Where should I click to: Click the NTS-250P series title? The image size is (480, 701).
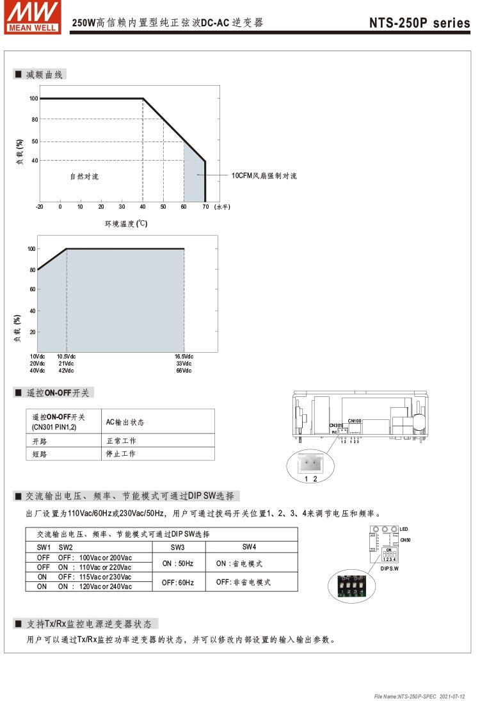pos(419,23)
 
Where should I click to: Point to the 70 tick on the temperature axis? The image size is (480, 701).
pos(205,207)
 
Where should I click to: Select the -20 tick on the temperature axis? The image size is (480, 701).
pos(40,207)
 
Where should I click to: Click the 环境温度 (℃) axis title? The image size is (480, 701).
pos(126,223)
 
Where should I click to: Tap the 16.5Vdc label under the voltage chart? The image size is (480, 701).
pos(184,357)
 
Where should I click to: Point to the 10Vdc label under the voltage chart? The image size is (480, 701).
pos(37,357)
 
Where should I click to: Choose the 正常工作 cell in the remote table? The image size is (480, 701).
pos(121,441)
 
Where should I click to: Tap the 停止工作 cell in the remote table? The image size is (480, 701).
pos(121,454)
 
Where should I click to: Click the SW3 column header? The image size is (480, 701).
pos(178,547)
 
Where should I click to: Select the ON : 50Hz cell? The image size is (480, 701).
pos(178,563)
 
